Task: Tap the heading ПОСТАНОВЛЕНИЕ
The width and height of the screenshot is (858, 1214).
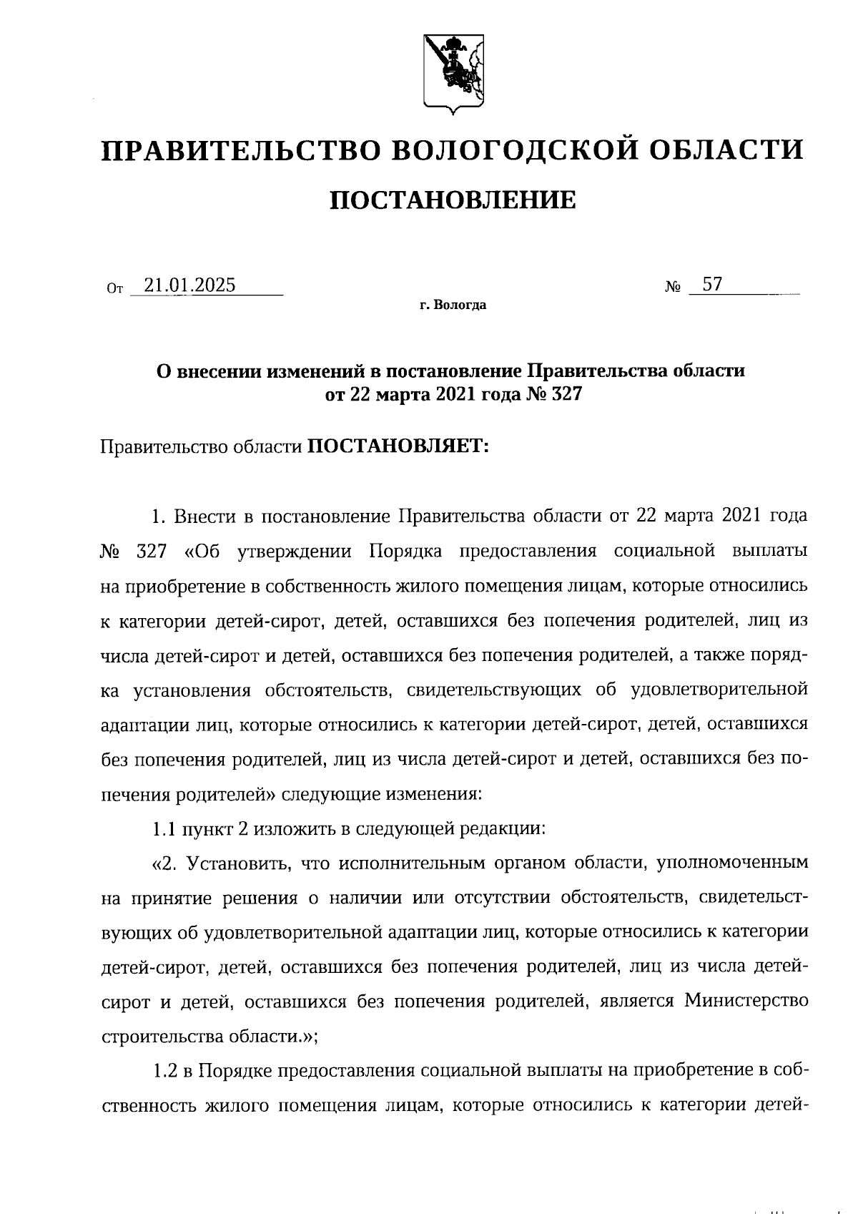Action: pos(452,200)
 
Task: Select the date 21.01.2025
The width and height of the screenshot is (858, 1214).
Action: pos(189,285)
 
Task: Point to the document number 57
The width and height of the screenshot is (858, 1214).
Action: pos(711,285)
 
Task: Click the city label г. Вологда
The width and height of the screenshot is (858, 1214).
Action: pos(453,305)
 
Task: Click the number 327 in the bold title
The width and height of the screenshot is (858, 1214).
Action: pos(562,394)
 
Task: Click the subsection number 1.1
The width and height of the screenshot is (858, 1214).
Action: pos(164,829)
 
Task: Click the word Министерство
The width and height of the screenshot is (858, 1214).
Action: pos(746,999)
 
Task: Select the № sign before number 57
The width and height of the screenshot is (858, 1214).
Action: pos(674,288)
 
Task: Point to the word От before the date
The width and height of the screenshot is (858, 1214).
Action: pos(114,288)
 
